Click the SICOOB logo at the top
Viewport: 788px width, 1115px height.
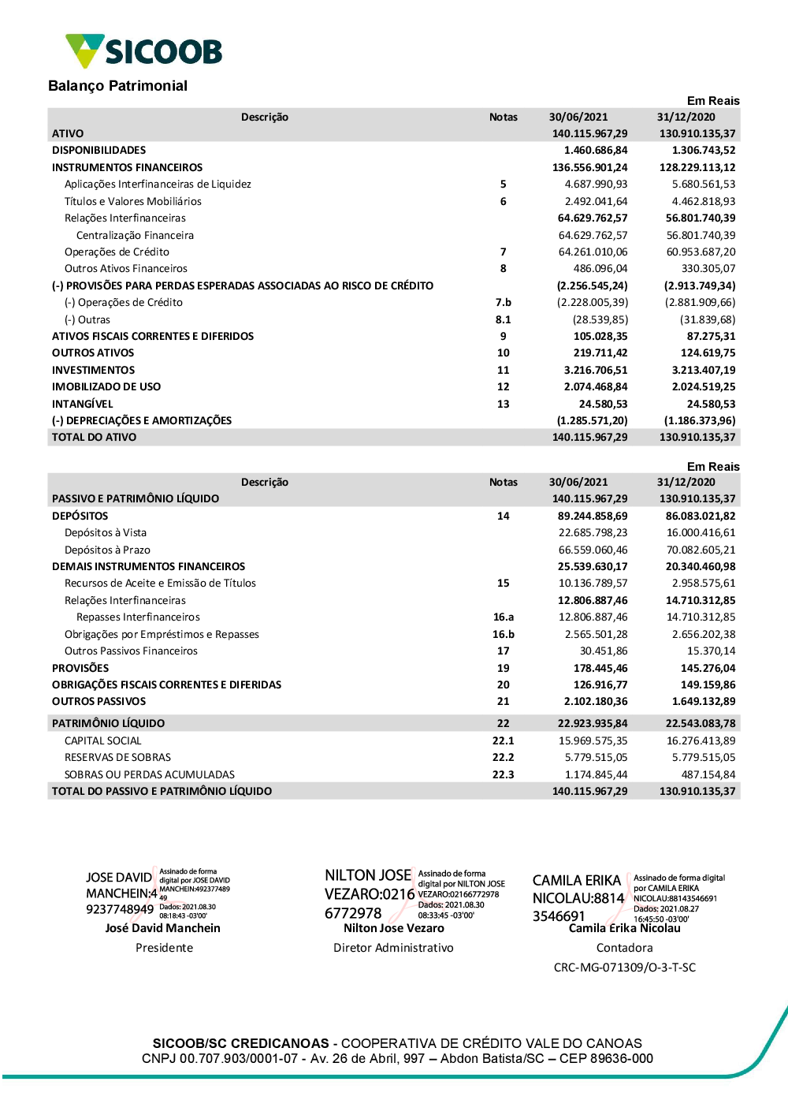144,51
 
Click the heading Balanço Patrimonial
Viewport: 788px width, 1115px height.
117,86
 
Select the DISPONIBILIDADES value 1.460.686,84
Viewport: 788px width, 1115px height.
596,151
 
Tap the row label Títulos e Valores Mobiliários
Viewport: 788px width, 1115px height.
132,202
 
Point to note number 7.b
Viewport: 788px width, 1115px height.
503,303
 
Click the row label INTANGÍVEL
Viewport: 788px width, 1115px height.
82,405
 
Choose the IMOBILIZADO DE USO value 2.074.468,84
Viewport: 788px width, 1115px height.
596,387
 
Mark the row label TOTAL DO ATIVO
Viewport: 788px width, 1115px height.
94,438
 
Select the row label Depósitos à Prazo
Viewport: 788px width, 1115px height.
107,550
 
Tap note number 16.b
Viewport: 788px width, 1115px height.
503,635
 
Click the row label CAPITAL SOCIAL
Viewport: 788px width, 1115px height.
102,741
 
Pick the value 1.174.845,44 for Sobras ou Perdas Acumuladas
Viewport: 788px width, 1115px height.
596,775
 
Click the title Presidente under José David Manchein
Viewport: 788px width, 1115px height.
164,948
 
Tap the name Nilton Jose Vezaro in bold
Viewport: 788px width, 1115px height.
393,929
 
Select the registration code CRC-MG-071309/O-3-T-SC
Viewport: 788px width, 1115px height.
624,968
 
